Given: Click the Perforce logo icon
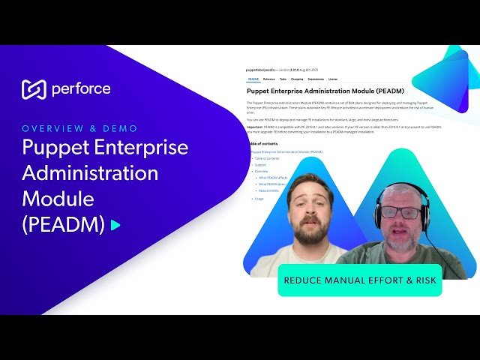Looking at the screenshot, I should pyautogui.click(x=32, y=89).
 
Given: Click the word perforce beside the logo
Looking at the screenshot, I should pyautogui.click(x=81, y=89).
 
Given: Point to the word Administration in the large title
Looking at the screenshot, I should pyautogui.click(x=90, y=173).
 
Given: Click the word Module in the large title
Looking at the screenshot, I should pyautogui.click(x=58, y=198).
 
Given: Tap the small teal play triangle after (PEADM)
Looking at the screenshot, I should pyautogui.click(x=115, y=224).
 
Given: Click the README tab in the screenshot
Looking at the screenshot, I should pyautogui.click(x=253, y=79).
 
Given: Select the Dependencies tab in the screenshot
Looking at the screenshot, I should pyautogui.click(x=313, y=79).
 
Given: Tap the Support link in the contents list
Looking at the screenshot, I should pyautogui.click(x=260, y=164).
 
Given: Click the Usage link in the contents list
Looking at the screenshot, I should pyautogui.click(x=258, y=199).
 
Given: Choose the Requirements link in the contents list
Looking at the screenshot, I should pyautogui.click(x=271, y=190).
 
